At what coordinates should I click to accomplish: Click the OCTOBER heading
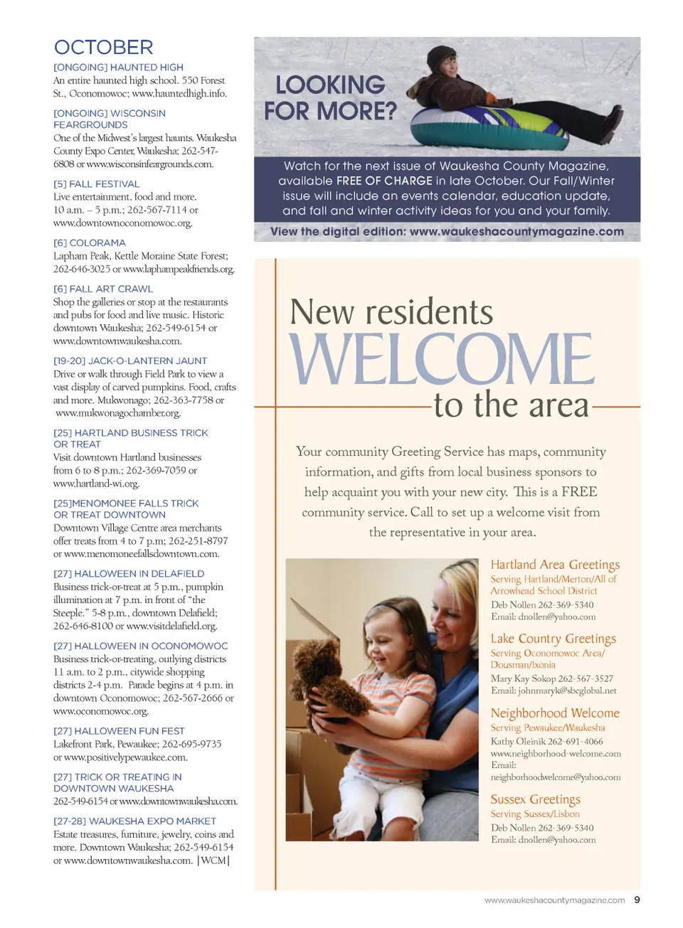[104, 48]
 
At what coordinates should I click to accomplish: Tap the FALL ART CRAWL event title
[103, 289]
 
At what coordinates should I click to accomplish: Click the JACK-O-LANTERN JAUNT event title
[130, 361]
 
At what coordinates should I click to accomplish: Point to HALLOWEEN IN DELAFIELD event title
[129, 573]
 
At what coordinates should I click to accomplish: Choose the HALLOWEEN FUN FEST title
[119, 730]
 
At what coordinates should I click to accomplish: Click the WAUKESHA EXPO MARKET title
[134, 821]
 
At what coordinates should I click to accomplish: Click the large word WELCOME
[441, 359]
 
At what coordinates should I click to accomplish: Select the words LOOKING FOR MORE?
[330, 98]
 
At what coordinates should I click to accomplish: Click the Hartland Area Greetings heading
[555, 565]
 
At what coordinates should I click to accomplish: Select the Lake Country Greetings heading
[553, 639]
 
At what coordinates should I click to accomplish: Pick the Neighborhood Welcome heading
[555, 713]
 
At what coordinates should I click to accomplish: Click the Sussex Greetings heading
[535, 799]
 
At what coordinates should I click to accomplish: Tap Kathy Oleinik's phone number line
[546, 741]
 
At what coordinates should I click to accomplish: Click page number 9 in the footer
[637, 900]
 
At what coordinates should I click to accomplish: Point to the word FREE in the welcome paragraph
[579, 491]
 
